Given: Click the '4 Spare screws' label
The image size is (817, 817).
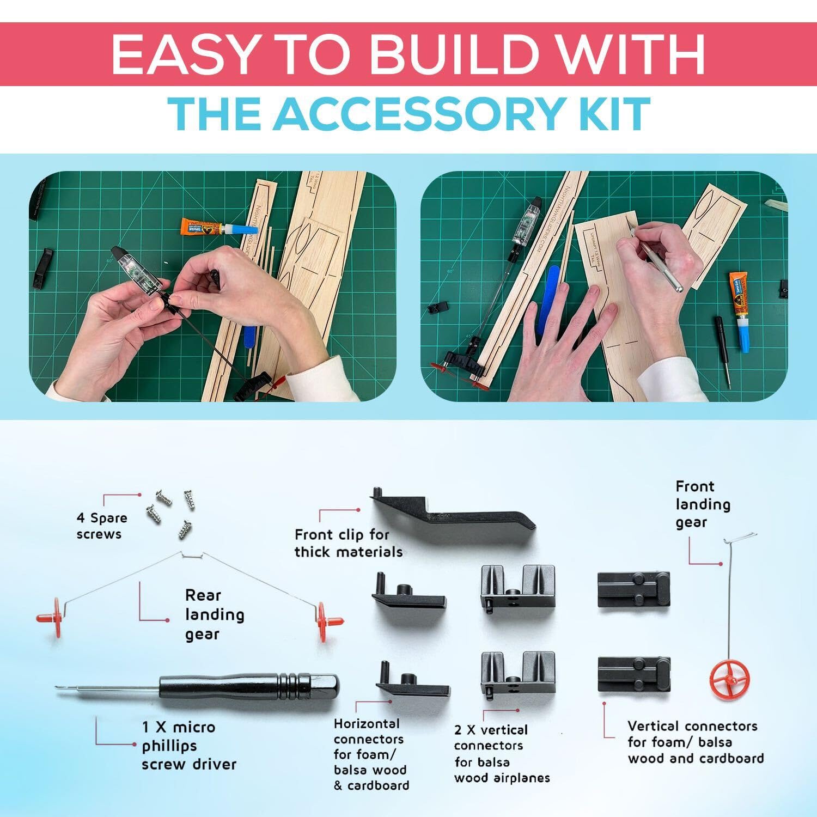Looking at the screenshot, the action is [102, 526].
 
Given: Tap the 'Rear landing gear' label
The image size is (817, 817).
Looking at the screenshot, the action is [215, 614].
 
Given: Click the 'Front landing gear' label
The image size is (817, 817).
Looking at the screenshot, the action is [703, 504].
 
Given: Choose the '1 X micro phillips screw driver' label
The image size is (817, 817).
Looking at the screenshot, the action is [189, 746].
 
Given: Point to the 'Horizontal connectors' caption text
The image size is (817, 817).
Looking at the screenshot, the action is [368, 731].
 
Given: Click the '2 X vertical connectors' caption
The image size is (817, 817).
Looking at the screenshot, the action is [491, 737].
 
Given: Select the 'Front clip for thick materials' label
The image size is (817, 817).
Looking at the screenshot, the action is [349, 542].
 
